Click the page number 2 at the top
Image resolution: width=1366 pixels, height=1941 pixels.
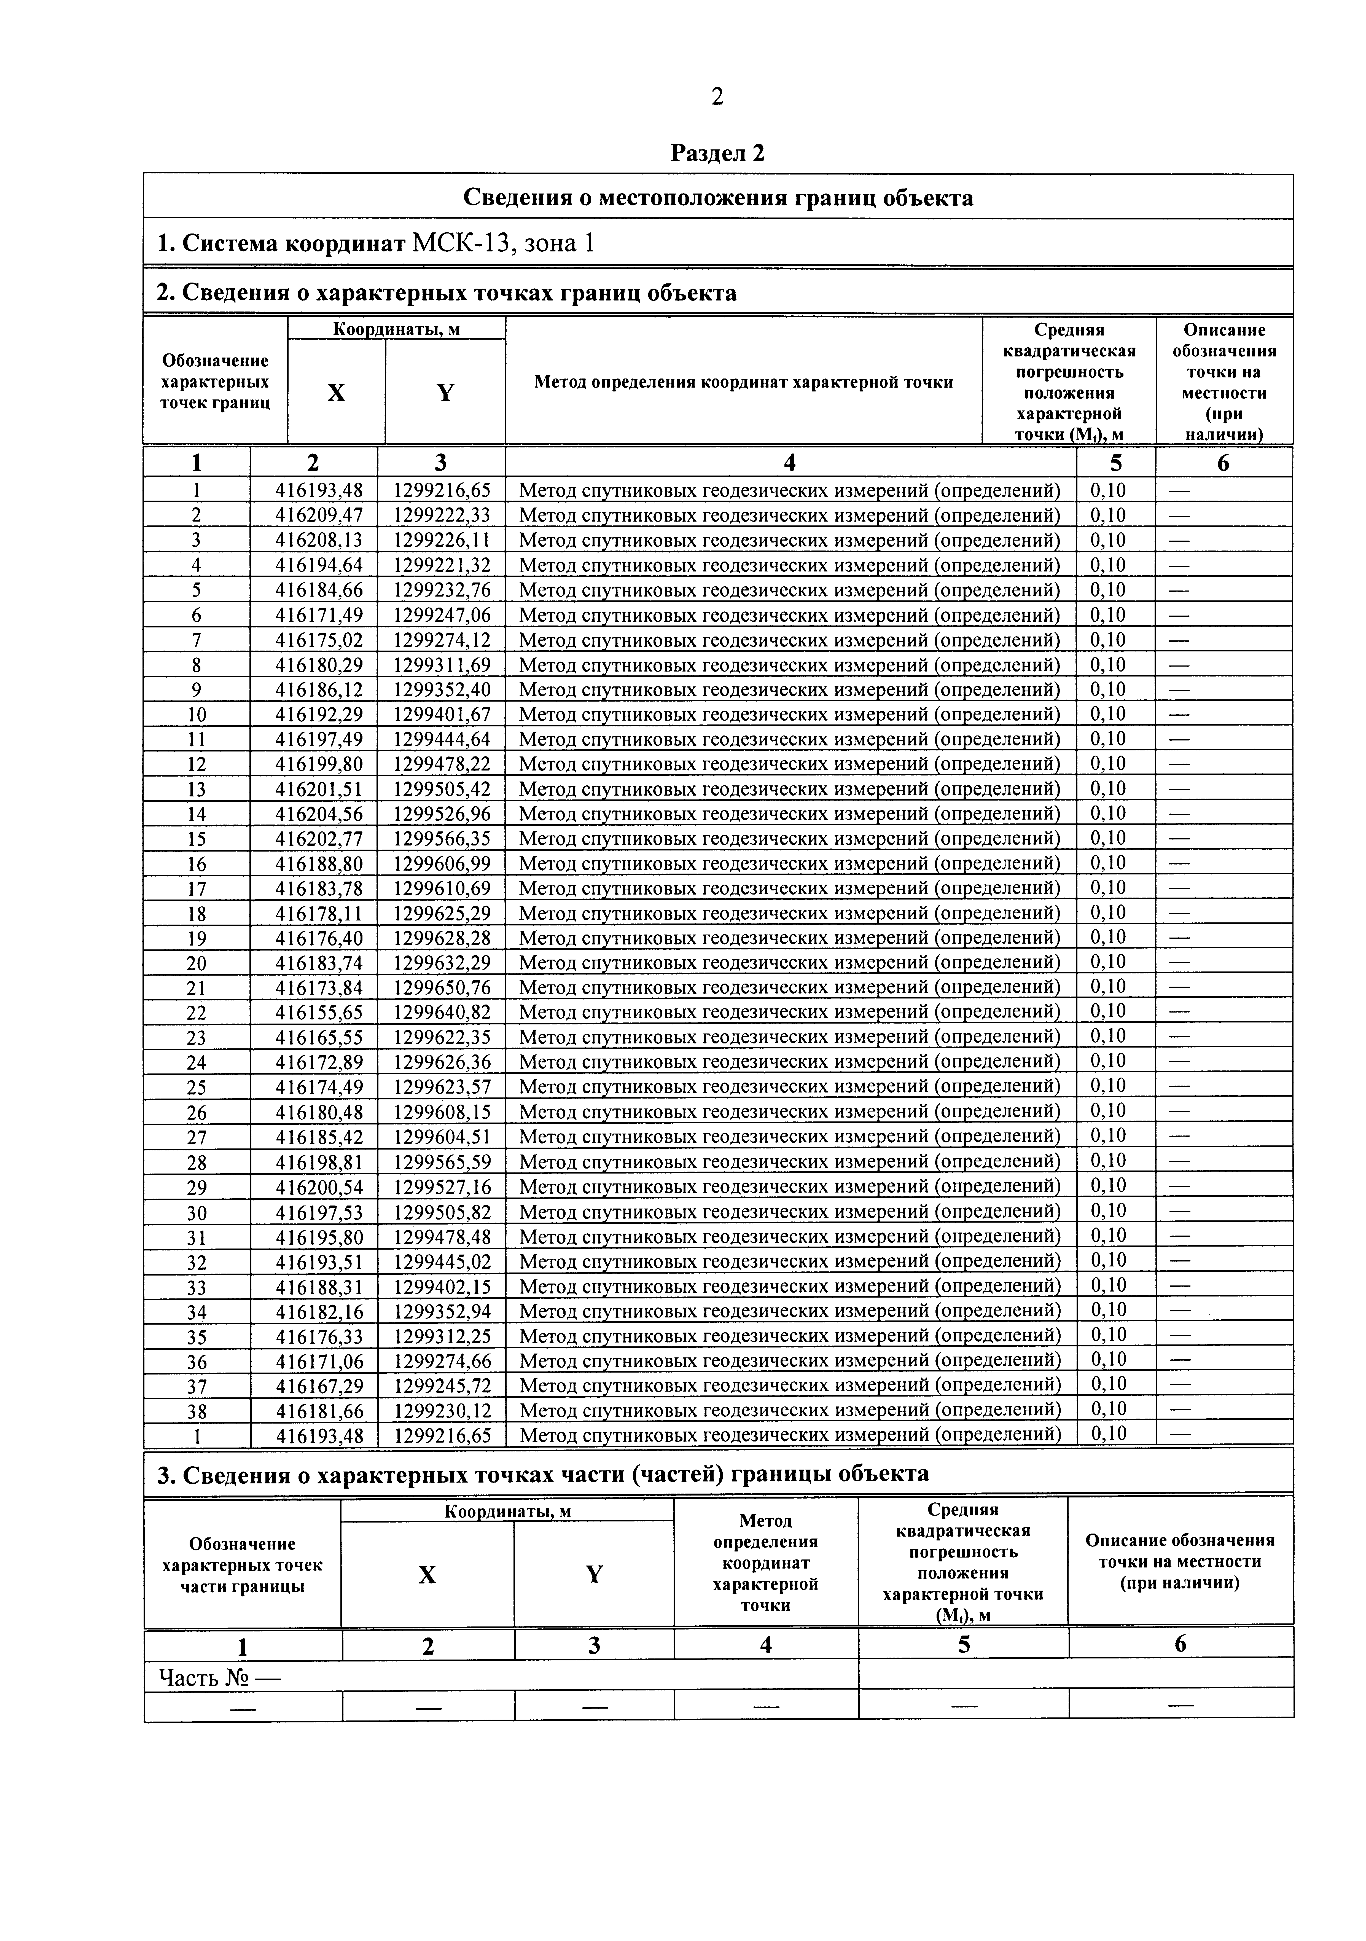(717, 97)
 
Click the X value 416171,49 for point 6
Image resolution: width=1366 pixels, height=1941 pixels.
(314, 614)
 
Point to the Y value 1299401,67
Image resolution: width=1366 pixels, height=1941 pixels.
(441, 714)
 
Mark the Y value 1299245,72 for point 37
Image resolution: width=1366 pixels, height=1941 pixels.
(441, 1386)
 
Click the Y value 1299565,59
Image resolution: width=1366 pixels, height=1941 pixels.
(441, 1162)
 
